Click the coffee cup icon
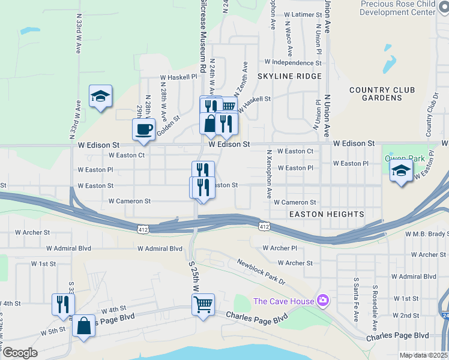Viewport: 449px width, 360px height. [x=143, y=130]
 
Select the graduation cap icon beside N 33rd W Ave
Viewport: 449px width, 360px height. [x=100, y=96]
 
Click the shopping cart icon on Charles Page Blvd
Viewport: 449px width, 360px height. [x=203, y=304]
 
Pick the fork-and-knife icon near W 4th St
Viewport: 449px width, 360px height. [x=62, y=304]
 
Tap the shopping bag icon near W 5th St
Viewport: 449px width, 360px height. [x=83, y=326]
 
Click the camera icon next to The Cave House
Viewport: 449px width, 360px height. [x=323, y=299]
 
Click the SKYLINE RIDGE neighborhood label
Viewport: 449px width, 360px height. [x=289, y=77]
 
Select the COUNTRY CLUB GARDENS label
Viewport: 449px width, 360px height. [x=382, y=94]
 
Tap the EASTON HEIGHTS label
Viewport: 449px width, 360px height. [x=327, y=214]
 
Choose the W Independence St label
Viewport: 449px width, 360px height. [x=293, y=62]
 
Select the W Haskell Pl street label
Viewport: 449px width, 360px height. [x=178, y=77]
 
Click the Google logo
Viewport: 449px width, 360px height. [x=20, y=353]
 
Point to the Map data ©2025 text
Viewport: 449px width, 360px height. [x=423, y=355]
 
